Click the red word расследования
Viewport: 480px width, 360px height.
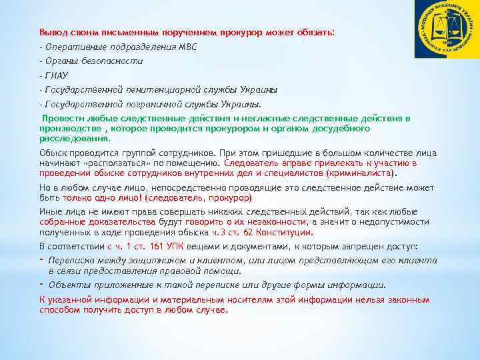pyautogui.click(x=74, y=138)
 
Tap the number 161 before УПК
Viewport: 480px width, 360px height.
pyautogui.click(x=142, y=245)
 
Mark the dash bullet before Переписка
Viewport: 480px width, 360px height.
pyautogui.click(x=41, y=261)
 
